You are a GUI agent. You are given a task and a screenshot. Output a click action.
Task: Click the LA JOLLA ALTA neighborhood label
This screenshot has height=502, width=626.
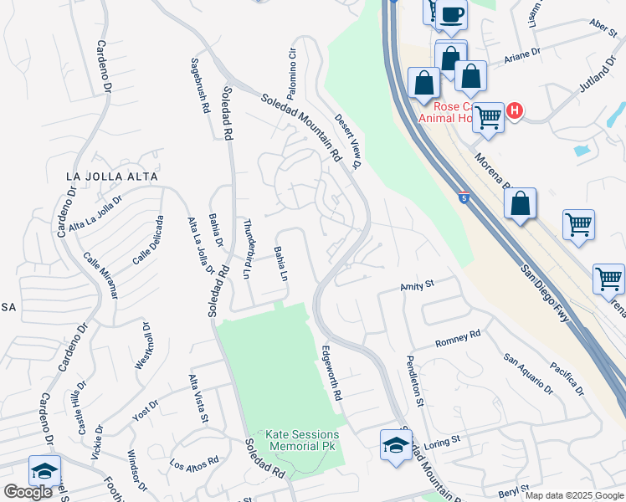(112, 177)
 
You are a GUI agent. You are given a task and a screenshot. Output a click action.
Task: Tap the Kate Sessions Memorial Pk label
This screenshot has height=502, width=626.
(303, 440)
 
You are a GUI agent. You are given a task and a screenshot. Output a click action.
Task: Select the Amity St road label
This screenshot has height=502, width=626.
(417, 285)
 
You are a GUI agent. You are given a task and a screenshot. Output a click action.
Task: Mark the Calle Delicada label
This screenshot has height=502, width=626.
(148, 240)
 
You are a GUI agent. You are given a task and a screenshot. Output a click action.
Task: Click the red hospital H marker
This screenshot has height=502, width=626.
(515, 110)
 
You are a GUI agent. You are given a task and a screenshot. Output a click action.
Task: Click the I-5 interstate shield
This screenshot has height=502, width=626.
(463, 197)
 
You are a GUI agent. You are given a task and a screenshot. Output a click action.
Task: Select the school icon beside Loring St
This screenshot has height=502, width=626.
(396, 443)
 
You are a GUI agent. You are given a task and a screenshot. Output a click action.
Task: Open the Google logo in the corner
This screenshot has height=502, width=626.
(28, 492)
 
